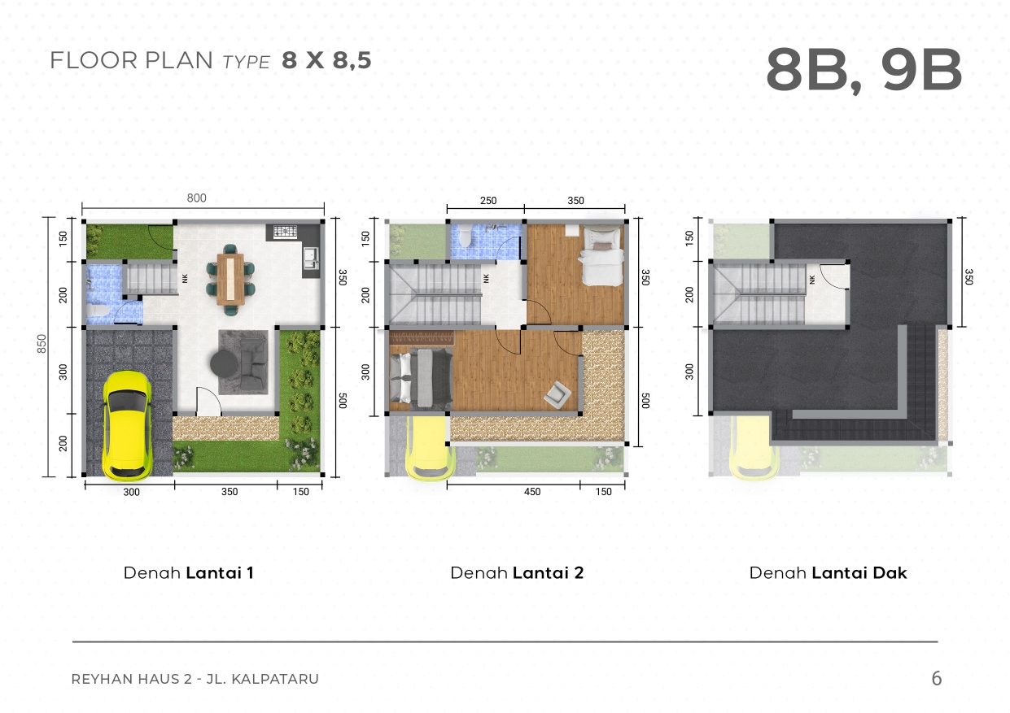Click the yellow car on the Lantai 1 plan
point(128,426)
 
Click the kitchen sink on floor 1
point(311,258)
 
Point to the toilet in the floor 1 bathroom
point(98,311)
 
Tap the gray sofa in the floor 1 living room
point(253,364)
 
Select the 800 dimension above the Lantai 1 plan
point(197,198)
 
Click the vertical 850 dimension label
point(42,344)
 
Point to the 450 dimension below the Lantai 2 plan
point(532,492)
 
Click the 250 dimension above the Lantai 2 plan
point(488,201)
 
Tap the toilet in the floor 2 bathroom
point(465,237)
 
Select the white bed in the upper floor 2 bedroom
point(601,255)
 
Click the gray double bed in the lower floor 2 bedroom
point(420,378)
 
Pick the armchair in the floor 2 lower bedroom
point(557,393)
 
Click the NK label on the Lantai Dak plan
point(812,280)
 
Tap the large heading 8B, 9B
point(864,71)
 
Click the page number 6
point(937,678)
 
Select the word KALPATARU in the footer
point(275,679)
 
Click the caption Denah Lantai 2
point(517,573)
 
